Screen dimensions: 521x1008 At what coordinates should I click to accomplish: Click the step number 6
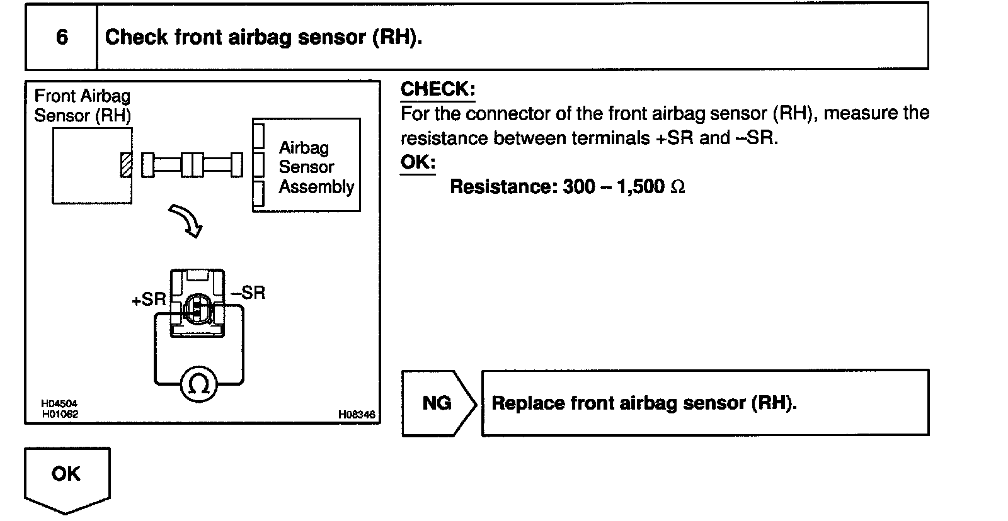62,37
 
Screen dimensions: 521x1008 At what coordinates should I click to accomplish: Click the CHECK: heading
438,89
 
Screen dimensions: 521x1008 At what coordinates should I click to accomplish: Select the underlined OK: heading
418,162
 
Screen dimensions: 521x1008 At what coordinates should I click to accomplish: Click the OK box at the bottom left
67,474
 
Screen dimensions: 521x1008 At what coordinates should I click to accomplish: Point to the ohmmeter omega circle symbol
198,384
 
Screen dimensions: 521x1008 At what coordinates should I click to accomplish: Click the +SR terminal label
149,300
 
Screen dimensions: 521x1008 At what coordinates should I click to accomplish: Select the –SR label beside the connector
248,293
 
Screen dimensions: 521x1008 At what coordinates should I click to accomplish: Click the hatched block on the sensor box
126,165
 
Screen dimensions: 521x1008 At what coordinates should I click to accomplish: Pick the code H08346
356,414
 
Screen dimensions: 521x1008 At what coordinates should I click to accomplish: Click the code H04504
59,404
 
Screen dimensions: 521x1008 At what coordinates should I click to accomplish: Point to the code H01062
60,414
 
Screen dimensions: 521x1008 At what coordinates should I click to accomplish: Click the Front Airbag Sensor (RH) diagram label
83,106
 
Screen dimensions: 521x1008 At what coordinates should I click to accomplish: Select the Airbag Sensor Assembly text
316,167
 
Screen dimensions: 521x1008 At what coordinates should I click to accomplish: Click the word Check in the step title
136,37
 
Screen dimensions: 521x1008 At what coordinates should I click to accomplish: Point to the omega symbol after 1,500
678,188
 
